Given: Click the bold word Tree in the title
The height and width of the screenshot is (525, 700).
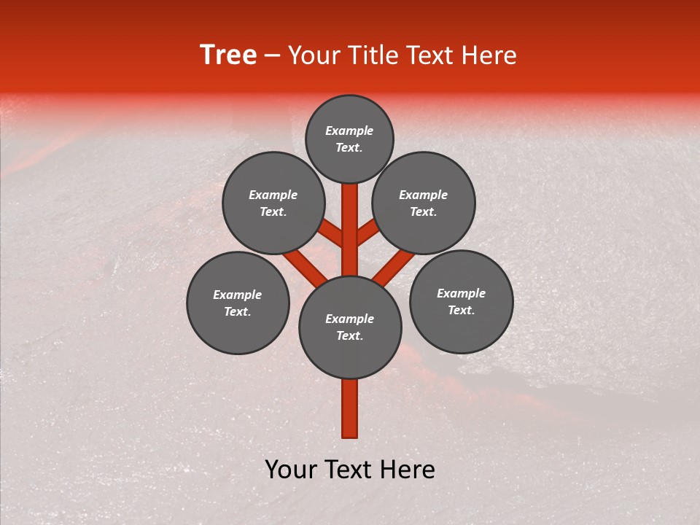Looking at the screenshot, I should point(228,55).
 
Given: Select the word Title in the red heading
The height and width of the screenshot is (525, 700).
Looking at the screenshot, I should point(365,55).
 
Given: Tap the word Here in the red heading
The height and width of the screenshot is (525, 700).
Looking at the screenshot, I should point(489,55).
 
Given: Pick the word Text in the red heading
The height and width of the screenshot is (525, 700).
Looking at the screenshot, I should point(429,55).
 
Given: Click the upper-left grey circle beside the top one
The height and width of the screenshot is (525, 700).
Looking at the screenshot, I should point(273,203).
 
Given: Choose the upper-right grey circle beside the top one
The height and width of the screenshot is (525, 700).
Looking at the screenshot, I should point(424,203).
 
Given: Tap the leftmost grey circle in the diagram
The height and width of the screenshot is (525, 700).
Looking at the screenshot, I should point(238,303).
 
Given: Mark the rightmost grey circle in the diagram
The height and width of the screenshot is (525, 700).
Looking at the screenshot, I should point(461,301).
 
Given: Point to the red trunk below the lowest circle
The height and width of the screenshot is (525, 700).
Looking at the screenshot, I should point(350,408).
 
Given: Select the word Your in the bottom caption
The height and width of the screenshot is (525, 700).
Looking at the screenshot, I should point(292,470).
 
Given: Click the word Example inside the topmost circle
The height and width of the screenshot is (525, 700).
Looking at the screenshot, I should point(349,131).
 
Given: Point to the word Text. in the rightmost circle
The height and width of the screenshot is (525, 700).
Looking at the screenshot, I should point(461,310).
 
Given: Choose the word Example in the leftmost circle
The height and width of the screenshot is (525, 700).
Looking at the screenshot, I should point(238,295).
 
